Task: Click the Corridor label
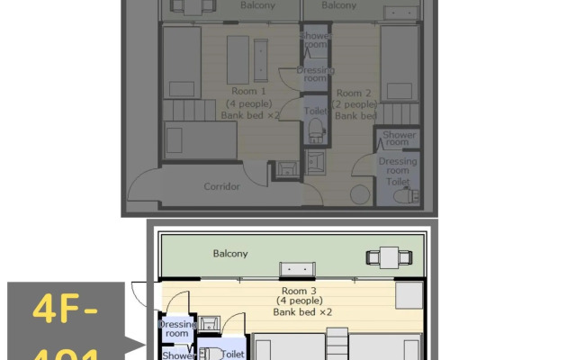221,187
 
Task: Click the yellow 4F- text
64,310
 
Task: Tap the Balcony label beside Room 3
230,254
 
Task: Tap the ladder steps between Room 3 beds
336,345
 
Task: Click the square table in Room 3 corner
409,296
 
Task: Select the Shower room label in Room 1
315,40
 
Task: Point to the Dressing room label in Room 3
176,328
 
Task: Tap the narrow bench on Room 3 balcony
297,268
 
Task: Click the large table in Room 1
238,59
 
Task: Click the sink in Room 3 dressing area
209,321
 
